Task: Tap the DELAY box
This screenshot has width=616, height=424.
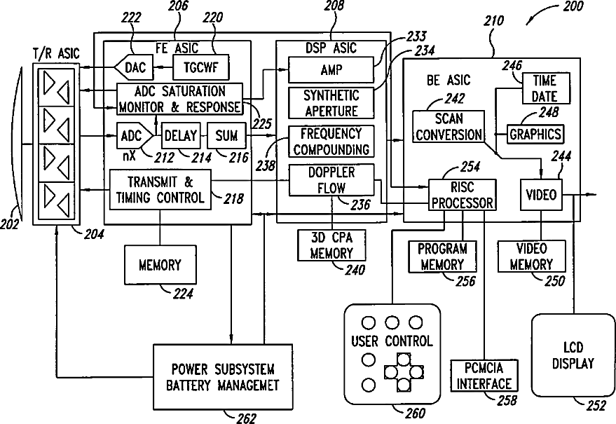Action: (x=181, y=135)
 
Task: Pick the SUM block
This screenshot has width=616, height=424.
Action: (x=226, y=135)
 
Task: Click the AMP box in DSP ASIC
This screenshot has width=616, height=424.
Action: (x=330, y=70)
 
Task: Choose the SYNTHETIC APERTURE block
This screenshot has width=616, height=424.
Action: (x=331, y=103)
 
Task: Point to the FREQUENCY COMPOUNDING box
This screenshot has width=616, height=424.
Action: (x=331, y=141)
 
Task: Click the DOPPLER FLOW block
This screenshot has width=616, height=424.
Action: (x=331, y=179)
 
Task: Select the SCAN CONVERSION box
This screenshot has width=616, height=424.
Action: (x=449, y=127)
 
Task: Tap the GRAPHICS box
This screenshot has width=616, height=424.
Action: (x=535, y=133)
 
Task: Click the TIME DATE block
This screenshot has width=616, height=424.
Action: (x=545, y=88)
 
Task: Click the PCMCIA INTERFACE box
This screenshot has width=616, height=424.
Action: (x=484, y=376)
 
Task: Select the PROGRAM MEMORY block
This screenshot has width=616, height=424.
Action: (x=442, y=257)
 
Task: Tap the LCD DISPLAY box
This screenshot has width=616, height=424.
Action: (x=573, y=356)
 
